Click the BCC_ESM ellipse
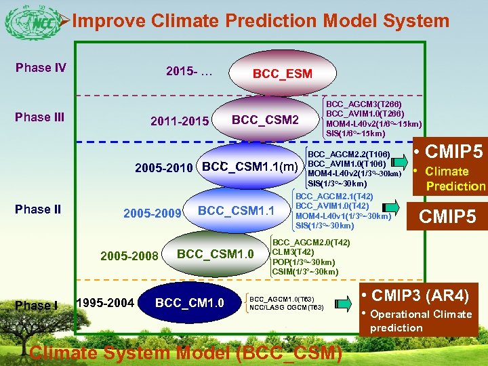click(x=282, y=73)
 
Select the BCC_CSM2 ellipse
click(x=265, y=120)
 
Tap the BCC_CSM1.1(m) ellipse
click(x=249, y=167)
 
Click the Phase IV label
click(x=41, y=67)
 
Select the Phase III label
click(x=39, y=117)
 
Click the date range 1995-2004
click(x=104, y=302)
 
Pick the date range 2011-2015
click(x=180, y=122)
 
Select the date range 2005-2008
click(x=129, y=256)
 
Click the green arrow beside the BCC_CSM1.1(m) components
click(x=398, y=159)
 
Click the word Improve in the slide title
click(x=108, y=21)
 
